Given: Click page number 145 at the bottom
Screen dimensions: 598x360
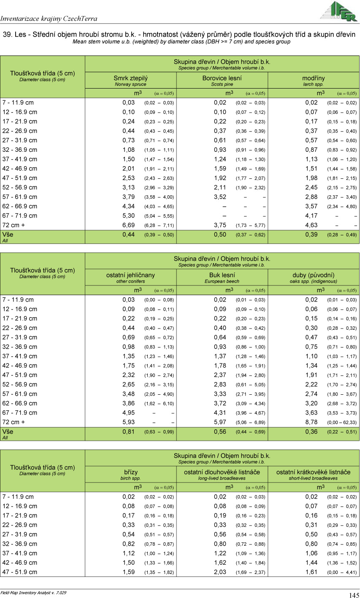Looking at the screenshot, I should (x=354, y=595).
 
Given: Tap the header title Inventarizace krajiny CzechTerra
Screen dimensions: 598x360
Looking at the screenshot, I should (x=49, y=19).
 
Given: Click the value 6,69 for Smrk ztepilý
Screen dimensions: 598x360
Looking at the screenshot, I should (x=129, y=225).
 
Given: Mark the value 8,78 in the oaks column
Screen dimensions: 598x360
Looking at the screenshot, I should (x=311, y=422).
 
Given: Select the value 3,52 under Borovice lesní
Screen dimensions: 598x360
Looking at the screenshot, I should (x=220, y=197).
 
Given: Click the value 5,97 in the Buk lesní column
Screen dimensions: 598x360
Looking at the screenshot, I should (x=220, y=422).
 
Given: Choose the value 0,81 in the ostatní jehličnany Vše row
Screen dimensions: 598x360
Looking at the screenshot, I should (x=129, y=432).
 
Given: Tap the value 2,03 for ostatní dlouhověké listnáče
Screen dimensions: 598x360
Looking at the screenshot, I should (x=220, y=572).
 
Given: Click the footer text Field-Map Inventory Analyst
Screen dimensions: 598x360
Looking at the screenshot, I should (x=33, y=593).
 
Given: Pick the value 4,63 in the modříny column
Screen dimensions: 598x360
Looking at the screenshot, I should (x=311, y=225).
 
